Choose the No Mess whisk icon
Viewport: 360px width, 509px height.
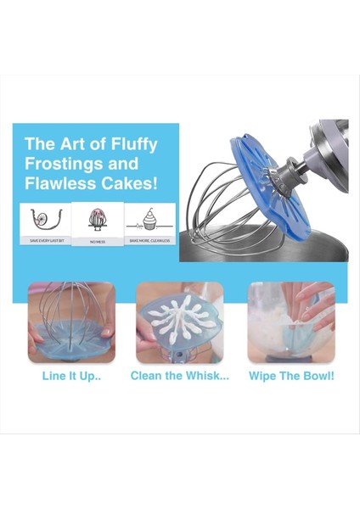(x=98, y=219)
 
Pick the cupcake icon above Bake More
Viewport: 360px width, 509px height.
(x=149, y=219)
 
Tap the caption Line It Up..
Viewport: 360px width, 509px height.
(x=70, y=375)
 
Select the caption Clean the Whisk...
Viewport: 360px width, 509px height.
(x=179, y=375)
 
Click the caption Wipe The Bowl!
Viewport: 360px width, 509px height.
(x=290, y=375)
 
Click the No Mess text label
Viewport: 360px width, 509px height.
(x=98, y=241)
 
